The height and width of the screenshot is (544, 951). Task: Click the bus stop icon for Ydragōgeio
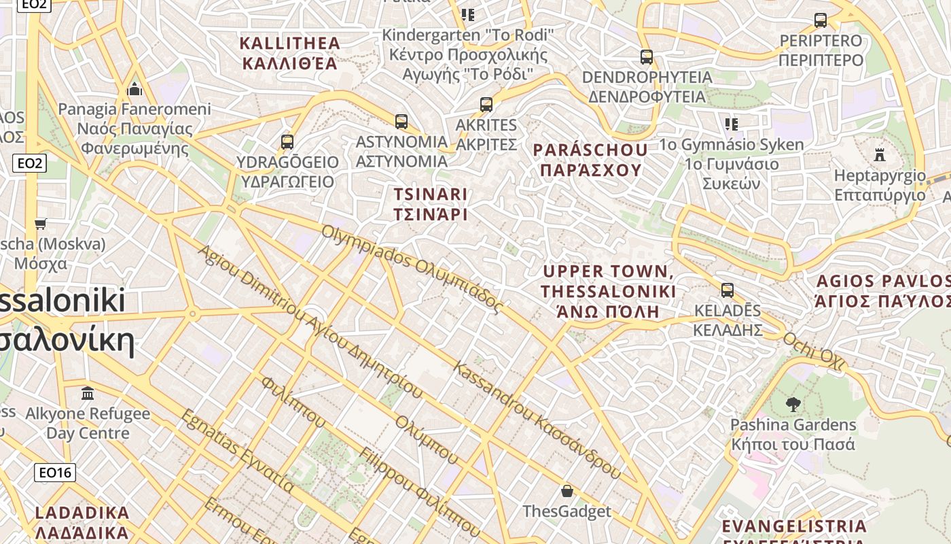(287, 141)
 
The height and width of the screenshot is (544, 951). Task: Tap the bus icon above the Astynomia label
(401, 122)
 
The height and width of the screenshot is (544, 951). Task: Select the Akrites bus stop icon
(486, 105)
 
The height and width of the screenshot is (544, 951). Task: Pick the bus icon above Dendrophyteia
(647, 57)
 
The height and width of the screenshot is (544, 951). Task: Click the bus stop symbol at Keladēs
(728, 290)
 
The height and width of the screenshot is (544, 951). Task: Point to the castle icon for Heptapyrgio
(880, 154)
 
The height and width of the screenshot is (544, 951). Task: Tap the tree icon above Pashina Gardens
(793, 405)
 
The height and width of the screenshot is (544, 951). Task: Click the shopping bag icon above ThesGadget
(567, 491)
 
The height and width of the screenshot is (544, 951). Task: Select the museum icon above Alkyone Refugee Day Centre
(88, 393)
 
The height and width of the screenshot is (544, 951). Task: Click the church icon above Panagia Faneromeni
(134, 89)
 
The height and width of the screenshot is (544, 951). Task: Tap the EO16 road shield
(56, 473)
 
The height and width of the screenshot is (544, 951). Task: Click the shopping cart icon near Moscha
(41, 224)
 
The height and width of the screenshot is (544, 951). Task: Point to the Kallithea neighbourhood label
(290, 54)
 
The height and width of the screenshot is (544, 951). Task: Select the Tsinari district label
(431, 204)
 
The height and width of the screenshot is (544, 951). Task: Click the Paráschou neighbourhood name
(590, 160)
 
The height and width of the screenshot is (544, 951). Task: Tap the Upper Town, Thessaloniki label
(609, 292)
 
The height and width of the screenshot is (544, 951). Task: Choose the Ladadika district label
(82, 522)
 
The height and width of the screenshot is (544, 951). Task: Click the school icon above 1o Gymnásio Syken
(732, 124)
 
